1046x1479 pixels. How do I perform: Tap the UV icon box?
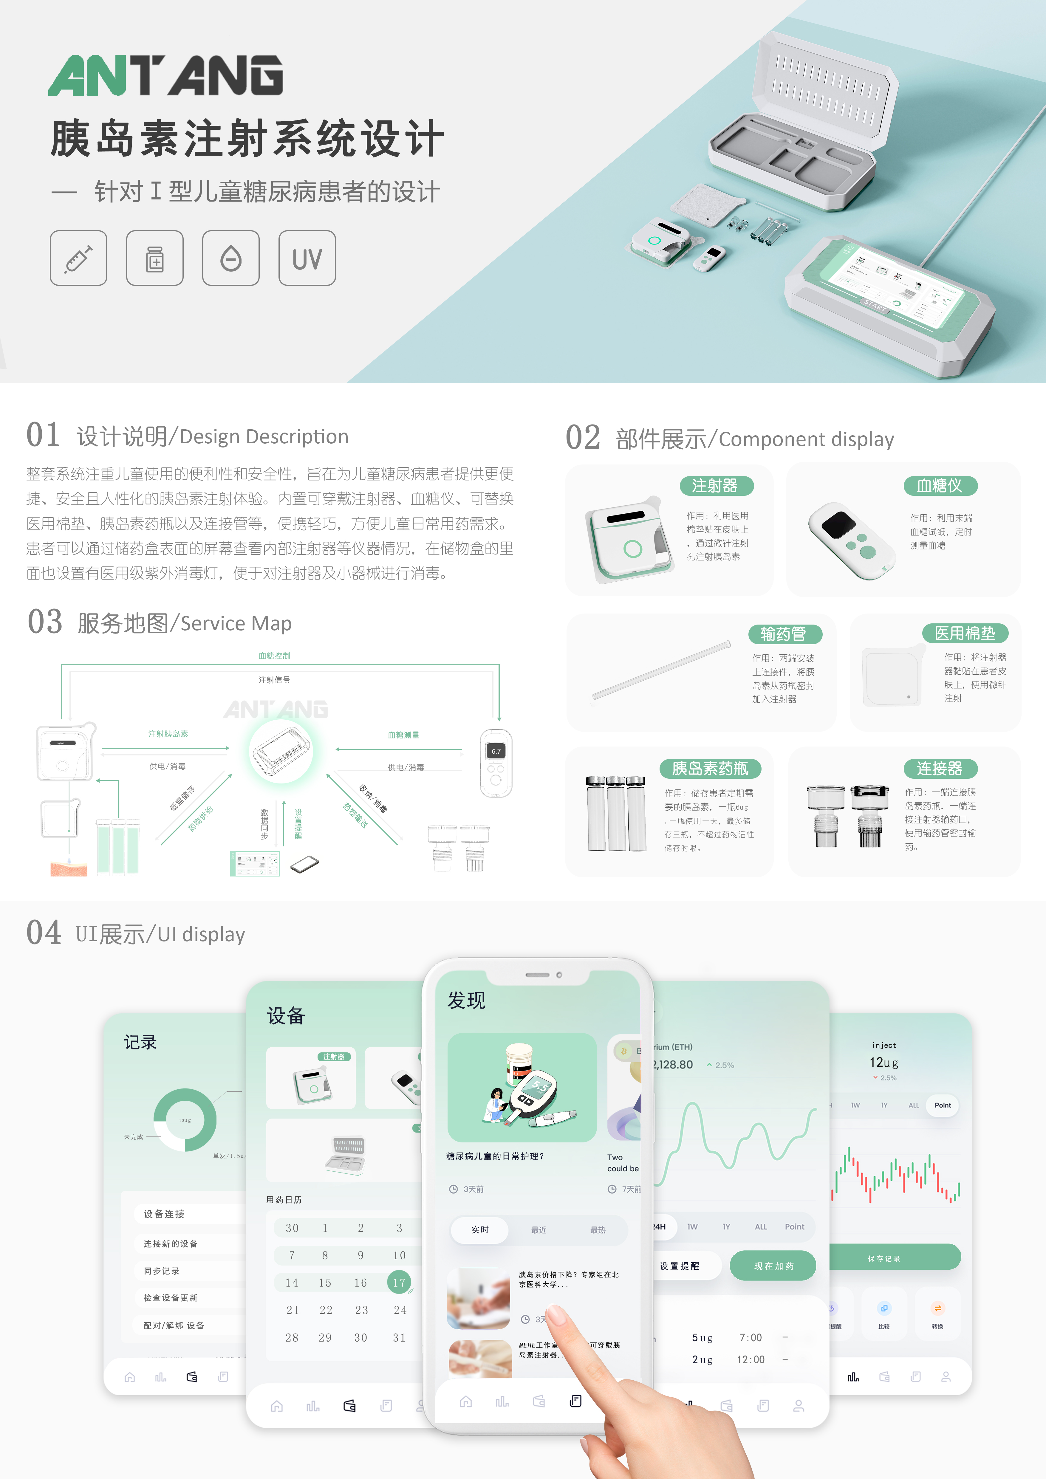pyautogui.click(x=307, y=258)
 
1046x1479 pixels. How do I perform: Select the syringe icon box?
pyautogui.click(x=79, y=258)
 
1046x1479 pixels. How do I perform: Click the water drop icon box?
pyautogui.click(x=230, y=258)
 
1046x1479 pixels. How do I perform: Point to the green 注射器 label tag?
pyautogui.click(x=716, y=486)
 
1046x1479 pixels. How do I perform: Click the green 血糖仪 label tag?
pyautogui.click(x=940, y=486)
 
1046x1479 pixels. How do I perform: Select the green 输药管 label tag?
pyautogui.click(x=784, y=634)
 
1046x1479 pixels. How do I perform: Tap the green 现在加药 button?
pyautogui.click(x=773, y=1266)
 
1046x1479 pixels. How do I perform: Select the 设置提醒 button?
pyautogui.click(x=680, y=1266)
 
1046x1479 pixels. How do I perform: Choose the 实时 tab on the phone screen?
pyautogui.click(x=480, y=1230)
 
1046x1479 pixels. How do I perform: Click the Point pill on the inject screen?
pyautogui.click(x=942, y=1105)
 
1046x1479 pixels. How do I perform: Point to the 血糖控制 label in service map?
pyautogui.click(x=274, y=656)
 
